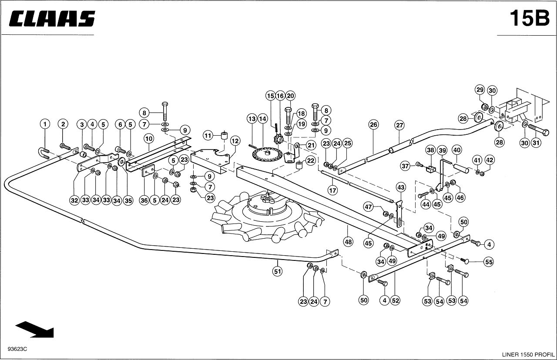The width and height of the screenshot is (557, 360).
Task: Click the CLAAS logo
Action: (52, 18)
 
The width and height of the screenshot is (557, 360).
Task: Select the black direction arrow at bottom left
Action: (34, 330)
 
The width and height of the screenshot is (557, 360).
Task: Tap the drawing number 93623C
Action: (17, 349)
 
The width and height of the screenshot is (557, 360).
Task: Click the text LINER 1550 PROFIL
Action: (528, 354)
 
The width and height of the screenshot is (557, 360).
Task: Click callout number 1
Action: (45, 124)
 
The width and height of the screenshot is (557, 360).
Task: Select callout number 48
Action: (348, 241)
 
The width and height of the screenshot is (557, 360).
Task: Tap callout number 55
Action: (489, 262)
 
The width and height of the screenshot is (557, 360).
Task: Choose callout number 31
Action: (536, 143)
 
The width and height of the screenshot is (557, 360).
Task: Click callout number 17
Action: (332, 190)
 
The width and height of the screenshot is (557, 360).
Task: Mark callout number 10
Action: (149, 138)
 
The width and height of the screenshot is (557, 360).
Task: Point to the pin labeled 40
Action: (462, 168)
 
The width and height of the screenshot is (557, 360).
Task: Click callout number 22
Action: (311, 161)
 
